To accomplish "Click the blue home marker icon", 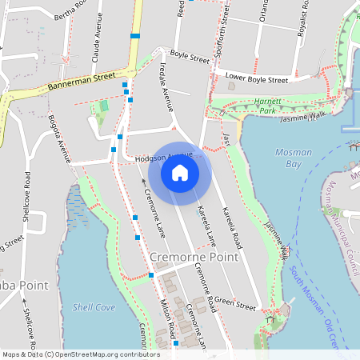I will (180, 171).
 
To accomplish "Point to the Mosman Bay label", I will (294, 158).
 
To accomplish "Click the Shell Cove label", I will (94, 306).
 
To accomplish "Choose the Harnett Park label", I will (265, 107).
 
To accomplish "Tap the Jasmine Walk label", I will (304, 118).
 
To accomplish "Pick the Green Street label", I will (234, 306).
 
